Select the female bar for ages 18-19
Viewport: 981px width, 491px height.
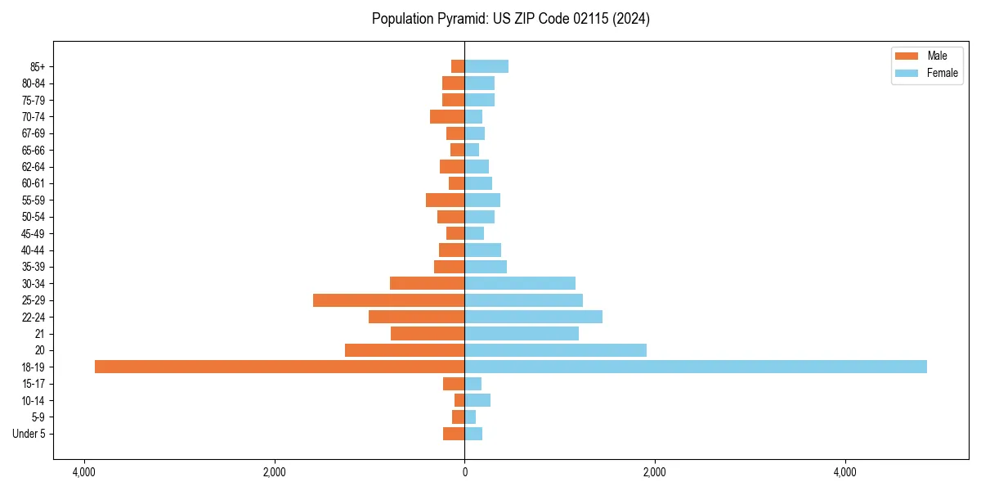(696, 367)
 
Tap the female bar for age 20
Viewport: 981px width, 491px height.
(556, 350)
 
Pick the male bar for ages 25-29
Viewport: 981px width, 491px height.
(389, 300)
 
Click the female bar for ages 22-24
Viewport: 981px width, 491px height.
(534, 317)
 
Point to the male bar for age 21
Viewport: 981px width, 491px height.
(428, 334)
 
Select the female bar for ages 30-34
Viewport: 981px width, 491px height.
(520, 283)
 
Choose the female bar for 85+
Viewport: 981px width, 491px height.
(486, 66)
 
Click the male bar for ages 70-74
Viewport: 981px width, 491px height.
(447, 117)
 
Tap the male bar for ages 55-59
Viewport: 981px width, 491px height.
(446, 200)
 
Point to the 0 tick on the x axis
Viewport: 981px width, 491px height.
(464, 472)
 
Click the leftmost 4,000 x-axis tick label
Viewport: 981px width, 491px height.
(83, 472)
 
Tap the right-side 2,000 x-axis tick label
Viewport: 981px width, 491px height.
(655, 472)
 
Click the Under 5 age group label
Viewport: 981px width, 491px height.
(29, 434)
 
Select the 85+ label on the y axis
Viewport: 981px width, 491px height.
(37, 66)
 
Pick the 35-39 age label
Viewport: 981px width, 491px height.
(34, 267)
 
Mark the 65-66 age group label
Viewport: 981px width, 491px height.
(34, 150)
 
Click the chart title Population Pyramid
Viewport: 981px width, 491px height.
(510, 19)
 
